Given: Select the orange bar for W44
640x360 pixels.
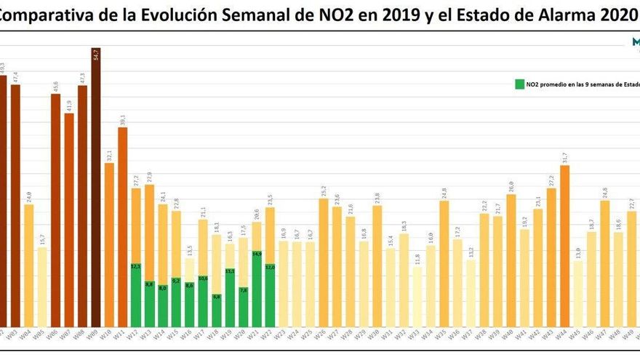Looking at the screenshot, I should click(564, 247).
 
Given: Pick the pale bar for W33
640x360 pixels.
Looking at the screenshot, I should click(417, 298).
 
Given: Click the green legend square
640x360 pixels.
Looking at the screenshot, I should click(519, 84).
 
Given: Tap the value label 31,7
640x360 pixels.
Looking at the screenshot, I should click(564, 158).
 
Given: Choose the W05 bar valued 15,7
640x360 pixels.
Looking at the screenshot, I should click(42, 287).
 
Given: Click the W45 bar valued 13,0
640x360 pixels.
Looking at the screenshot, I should click(577, 295).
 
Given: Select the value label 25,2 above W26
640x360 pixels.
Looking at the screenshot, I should click(324, 191).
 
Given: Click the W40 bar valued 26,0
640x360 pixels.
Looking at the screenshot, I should click(511, 261).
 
